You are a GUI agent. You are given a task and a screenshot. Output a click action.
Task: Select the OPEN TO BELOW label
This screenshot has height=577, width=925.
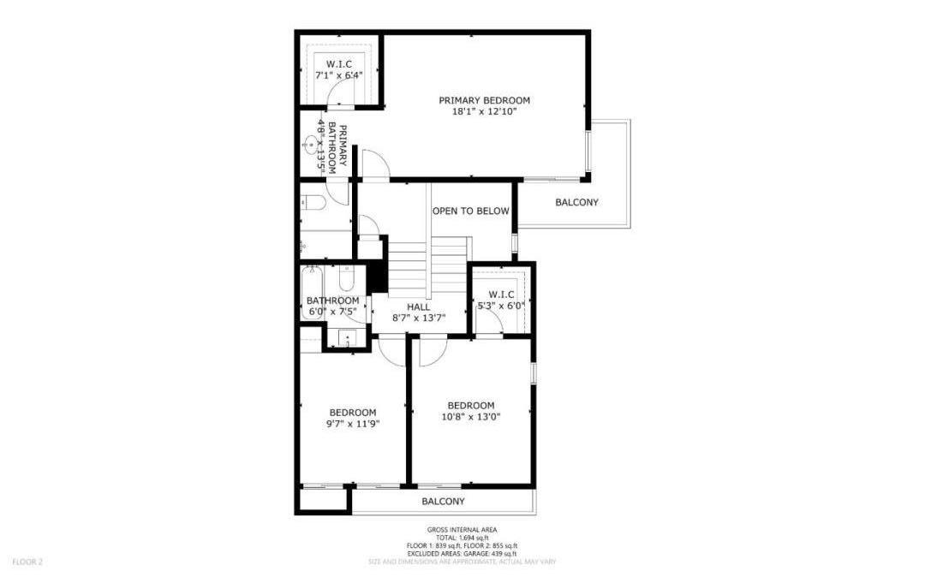(x=470, y=211)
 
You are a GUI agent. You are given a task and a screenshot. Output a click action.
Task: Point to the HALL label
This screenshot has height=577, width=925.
(x=419, y=306)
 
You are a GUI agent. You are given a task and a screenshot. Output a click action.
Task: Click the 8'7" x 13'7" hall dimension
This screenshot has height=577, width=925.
(x=419, y=318)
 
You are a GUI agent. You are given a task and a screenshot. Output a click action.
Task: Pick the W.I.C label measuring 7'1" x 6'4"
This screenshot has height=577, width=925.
(x=338, y=63)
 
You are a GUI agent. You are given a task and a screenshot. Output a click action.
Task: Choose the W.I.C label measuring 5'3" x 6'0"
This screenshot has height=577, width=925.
(x=501, y=294)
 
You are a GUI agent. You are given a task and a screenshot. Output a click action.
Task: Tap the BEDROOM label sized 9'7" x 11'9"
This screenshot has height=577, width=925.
(x=353, y=412)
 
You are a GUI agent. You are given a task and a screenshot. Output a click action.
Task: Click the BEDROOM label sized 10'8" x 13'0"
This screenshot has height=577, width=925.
(x=470, y=405)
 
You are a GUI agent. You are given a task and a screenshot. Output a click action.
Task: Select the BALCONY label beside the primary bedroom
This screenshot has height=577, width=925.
(x=576, y=202)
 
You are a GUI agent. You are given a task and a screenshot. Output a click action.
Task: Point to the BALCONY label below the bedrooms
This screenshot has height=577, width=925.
(x=443, y=502)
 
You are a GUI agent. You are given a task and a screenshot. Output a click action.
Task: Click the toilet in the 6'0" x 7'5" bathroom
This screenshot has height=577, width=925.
(x=347, y=278)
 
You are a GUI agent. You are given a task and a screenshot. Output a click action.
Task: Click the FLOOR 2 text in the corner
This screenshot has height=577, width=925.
(x=27, y=562)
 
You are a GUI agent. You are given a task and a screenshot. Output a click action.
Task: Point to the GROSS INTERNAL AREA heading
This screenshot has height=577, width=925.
(x=462, y=530)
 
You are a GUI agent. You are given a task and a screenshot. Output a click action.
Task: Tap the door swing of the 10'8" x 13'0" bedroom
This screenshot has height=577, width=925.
(x=432, y=349)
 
